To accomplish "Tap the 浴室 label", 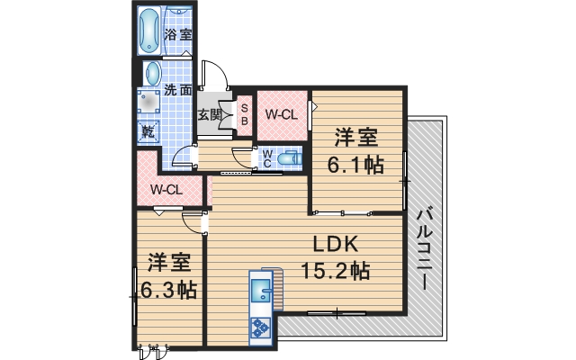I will point(178,35).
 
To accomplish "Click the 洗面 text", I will point(177,90).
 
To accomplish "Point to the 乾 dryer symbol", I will point(147,131).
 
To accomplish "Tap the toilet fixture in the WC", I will point(287,158).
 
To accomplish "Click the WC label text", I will point(267,158).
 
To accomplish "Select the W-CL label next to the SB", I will point(281,114).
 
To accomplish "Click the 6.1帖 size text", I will point(356,164).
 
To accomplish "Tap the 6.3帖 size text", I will point(168,290).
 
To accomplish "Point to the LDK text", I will point(336,244).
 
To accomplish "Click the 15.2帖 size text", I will point(335,269).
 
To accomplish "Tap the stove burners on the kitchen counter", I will point(260,327).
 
